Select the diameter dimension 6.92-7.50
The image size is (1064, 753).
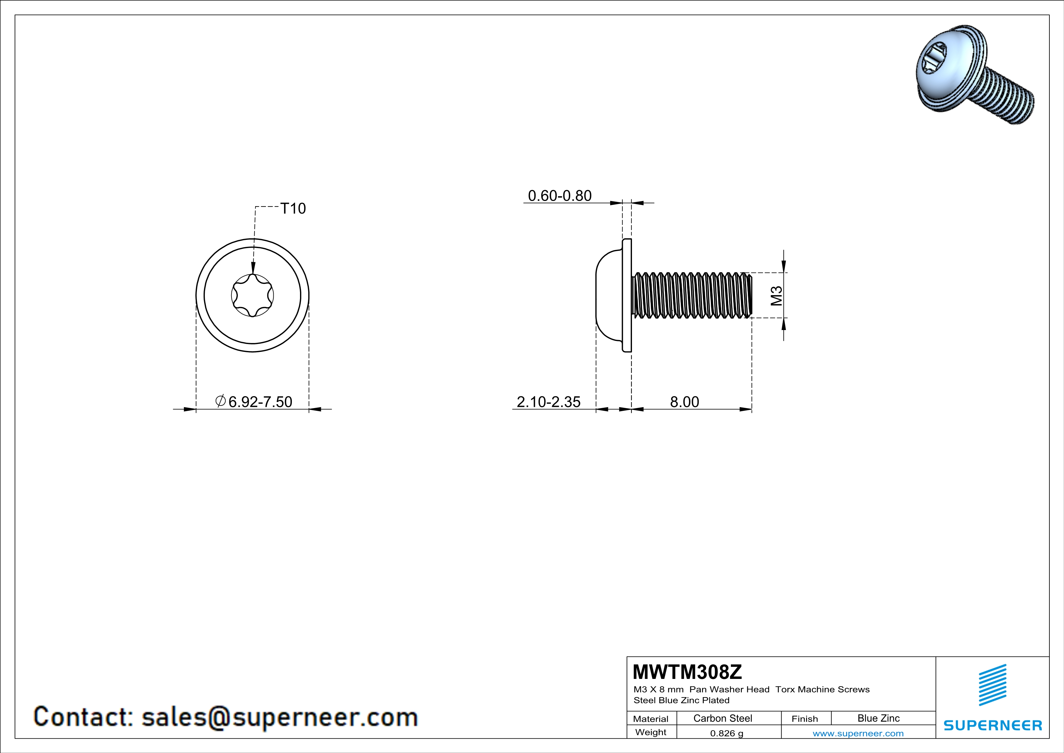tap(254, 401)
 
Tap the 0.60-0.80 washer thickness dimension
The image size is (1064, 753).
tap(560, 196)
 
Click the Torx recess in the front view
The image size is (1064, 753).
tap(252, 295)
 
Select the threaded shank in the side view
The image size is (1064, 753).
tap(692, 295)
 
